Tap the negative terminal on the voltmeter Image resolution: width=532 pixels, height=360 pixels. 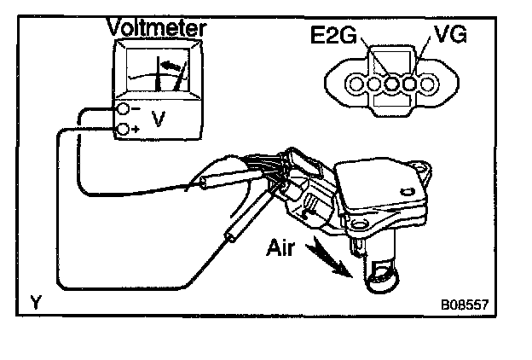click(124, 110)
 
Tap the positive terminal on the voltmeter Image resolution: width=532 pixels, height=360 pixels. click(124, 129)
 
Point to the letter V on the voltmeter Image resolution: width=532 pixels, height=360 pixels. click(158, 120)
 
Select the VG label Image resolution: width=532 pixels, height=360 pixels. click(449, 36)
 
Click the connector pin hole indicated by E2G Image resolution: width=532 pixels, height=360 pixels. click(393, 85)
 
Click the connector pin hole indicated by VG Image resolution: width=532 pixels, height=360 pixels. click(410, 85)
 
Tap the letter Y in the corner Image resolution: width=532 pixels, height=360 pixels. click(35, 301)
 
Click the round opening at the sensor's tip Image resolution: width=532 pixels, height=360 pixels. click(382, 278)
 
